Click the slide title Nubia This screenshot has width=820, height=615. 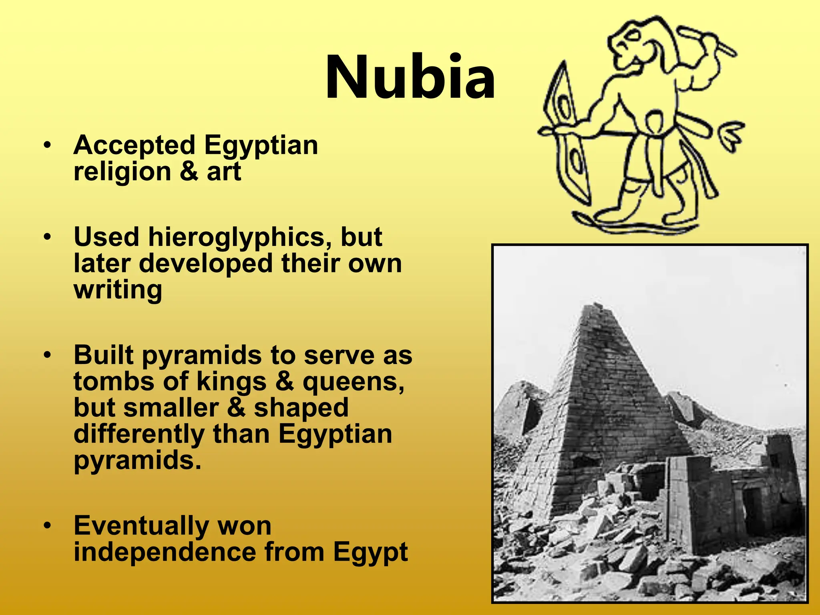tap(410, 77)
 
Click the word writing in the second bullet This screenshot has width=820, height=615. tap(118, 290)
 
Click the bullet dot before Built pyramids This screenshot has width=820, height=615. tap(48, 355)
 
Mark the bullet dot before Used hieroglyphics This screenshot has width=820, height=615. tap(48, 237)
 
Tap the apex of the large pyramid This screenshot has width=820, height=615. tap(596, 306)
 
